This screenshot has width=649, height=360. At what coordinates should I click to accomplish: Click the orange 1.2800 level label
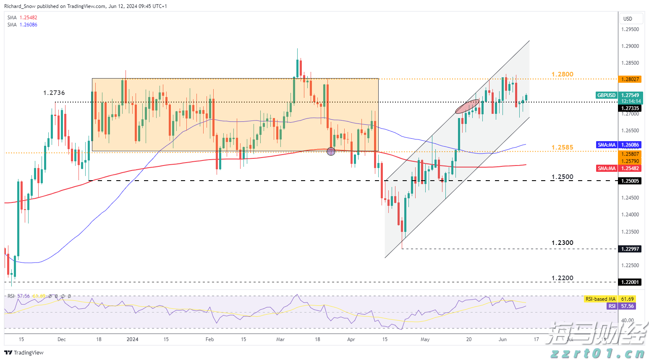562,74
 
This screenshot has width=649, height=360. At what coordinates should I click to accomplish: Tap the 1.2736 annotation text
54,93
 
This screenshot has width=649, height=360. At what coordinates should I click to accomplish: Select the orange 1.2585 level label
562,147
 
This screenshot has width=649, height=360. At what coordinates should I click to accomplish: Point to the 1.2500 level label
562,177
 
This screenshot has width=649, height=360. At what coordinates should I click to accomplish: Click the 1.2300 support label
562,243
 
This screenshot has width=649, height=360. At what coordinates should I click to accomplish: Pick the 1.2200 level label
562,278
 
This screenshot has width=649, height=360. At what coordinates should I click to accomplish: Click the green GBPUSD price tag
606,95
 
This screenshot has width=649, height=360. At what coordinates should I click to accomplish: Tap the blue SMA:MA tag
607,145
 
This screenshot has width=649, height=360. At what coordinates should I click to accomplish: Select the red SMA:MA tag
607,168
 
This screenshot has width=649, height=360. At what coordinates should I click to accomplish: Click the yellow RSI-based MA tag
600,299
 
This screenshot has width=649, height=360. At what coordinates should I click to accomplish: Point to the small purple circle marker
331,151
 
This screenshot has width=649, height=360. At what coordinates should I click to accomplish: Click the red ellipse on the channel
467,106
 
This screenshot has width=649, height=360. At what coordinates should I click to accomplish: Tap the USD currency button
628,18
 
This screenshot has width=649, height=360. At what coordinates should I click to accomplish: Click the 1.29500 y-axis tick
630,29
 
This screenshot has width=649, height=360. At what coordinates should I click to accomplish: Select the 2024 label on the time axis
132,339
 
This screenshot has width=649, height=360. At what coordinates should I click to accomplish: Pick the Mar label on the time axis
280,339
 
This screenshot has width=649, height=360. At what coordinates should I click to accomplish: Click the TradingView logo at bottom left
24,352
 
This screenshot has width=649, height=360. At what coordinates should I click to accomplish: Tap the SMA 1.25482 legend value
28,18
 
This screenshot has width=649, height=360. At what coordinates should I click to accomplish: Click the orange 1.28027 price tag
630,79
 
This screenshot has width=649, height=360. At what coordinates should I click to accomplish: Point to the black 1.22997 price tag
630,249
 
